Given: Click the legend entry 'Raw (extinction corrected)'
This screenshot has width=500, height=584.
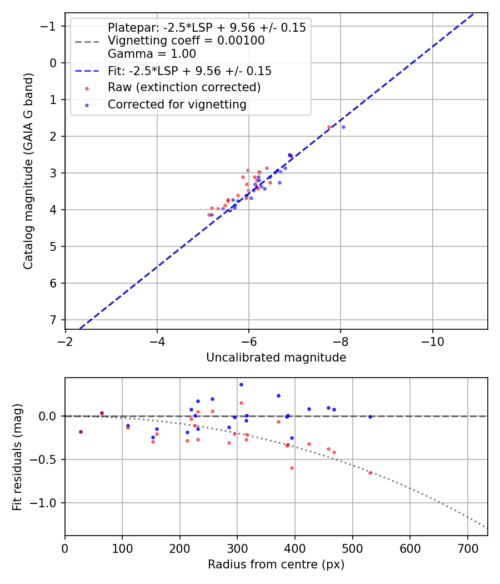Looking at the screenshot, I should tap(184, 87).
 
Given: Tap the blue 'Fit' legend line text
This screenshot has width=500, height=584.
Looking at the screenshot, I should tap(189, 71).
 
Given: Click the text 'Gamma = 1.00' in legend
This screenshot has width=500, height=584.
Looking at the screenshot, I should tap(152, 55).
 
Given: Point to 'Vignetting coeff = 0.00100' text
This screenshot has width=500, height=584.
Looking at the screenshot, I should tap(186, 41).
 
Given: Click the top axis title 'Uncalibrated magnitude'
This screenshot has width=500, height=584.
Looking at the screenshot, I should tap(276, 358).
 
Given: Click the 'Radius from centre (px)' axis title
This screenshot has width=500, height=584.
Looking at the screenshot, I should tap(276, 565).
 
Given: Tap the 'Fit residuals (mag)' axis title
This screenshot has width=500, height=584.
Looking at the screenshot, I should tap(17, 457).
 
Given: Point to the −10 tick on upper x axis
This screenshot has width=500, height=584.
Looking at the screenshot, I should tap(432, 340).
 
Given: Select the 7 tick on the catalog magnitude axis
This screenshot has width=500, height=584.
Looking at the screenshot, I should tap(53, 320).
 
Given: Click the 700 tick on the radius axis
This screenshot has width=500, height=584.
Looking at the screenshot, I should tap(467, 547).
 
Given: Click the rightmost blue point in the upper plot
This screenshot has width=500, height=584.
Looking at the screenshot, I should tap(343, 127).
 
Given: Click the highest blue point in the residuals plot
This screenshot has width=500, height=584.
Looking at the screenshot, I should tap(241, 384).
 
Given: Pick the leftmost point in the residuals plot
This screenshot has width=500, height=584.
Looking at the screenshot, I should tap(81, 432).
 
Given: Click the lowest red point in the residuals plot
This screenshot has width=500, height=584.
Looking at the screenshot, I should tap(370, 473).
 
